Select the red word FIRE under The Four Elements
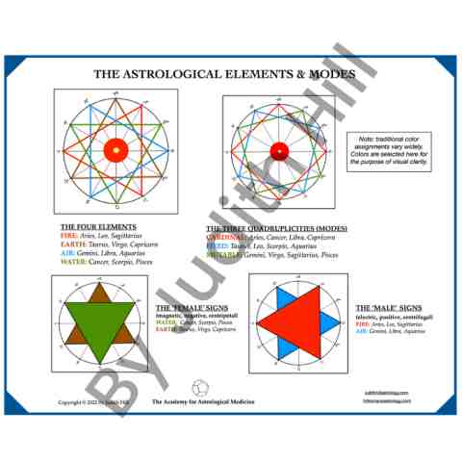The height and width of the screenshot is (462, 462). click(x=68, y=236)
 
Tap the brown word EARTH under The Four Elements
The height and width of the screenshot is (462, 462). click(x=72, y=244)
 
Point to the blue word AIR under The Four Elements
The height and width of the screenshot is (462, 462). click(x=67, y=253)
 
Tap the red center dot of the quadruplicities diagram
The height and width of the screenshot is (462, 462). click(x=278, y=152)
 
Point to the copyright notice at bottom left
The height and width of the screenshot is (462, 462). click(x=88, y=401)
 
